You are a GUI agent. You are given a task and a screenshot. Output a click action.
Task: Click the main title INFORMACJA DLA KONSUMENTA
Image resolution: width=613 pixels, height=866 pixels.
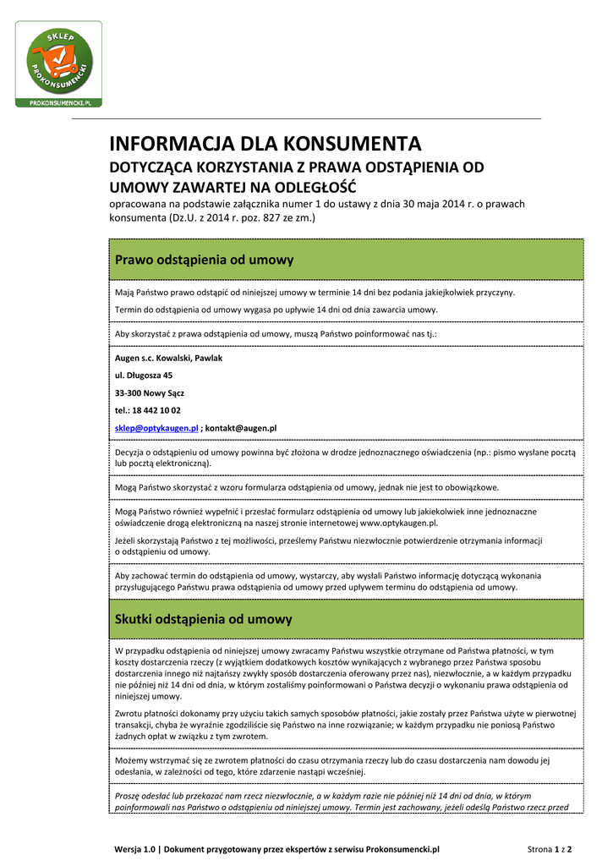click(x=265, y=144)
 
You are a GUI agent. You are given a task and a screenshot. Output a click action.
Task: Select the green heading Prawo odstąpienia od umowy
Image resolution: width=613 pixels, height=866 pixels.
click(x=204, y=259)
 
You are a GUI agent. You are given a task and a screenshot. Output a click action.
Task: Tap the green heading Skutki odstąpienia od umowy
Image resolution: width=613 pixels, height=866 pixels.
click(x=203, y=619)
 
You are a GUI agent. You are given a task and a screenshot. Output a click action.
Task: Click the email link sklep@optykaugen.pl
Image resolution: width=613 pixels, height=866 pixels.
click(x=156, y=428)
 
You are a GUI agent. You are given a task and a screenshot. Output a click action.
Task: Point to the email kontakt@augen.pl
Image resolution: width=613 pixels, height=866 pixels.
click(x=241, y=428)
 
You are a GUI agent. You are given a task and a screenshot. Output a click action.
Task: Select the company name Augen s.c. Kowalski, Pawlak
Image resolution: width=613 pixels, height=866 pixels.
click(x=168, y=358)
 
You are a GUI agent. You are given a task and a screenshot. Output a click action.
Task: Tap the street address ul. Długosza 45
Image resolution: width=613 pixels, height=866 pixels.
click(x=144, y=375)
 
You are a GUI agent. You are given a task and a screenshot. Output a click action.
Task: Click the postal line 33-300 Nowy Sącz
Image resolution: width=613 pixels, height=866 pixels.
click(x=150, y=392)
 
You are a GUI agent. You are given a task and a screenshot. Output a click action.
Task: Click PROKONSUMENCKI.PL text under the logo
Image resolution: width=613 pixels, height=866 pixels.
click(x=65, y=101)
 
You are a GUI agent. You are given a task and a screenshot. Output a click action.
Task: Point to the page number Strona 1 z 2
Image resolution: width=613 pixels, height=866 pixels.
click(x=550, y=848)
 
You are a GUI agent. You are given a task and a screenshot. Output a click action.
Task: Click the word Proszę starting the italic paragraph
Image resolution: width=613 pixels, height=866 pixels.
click(x=129, y=796)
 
